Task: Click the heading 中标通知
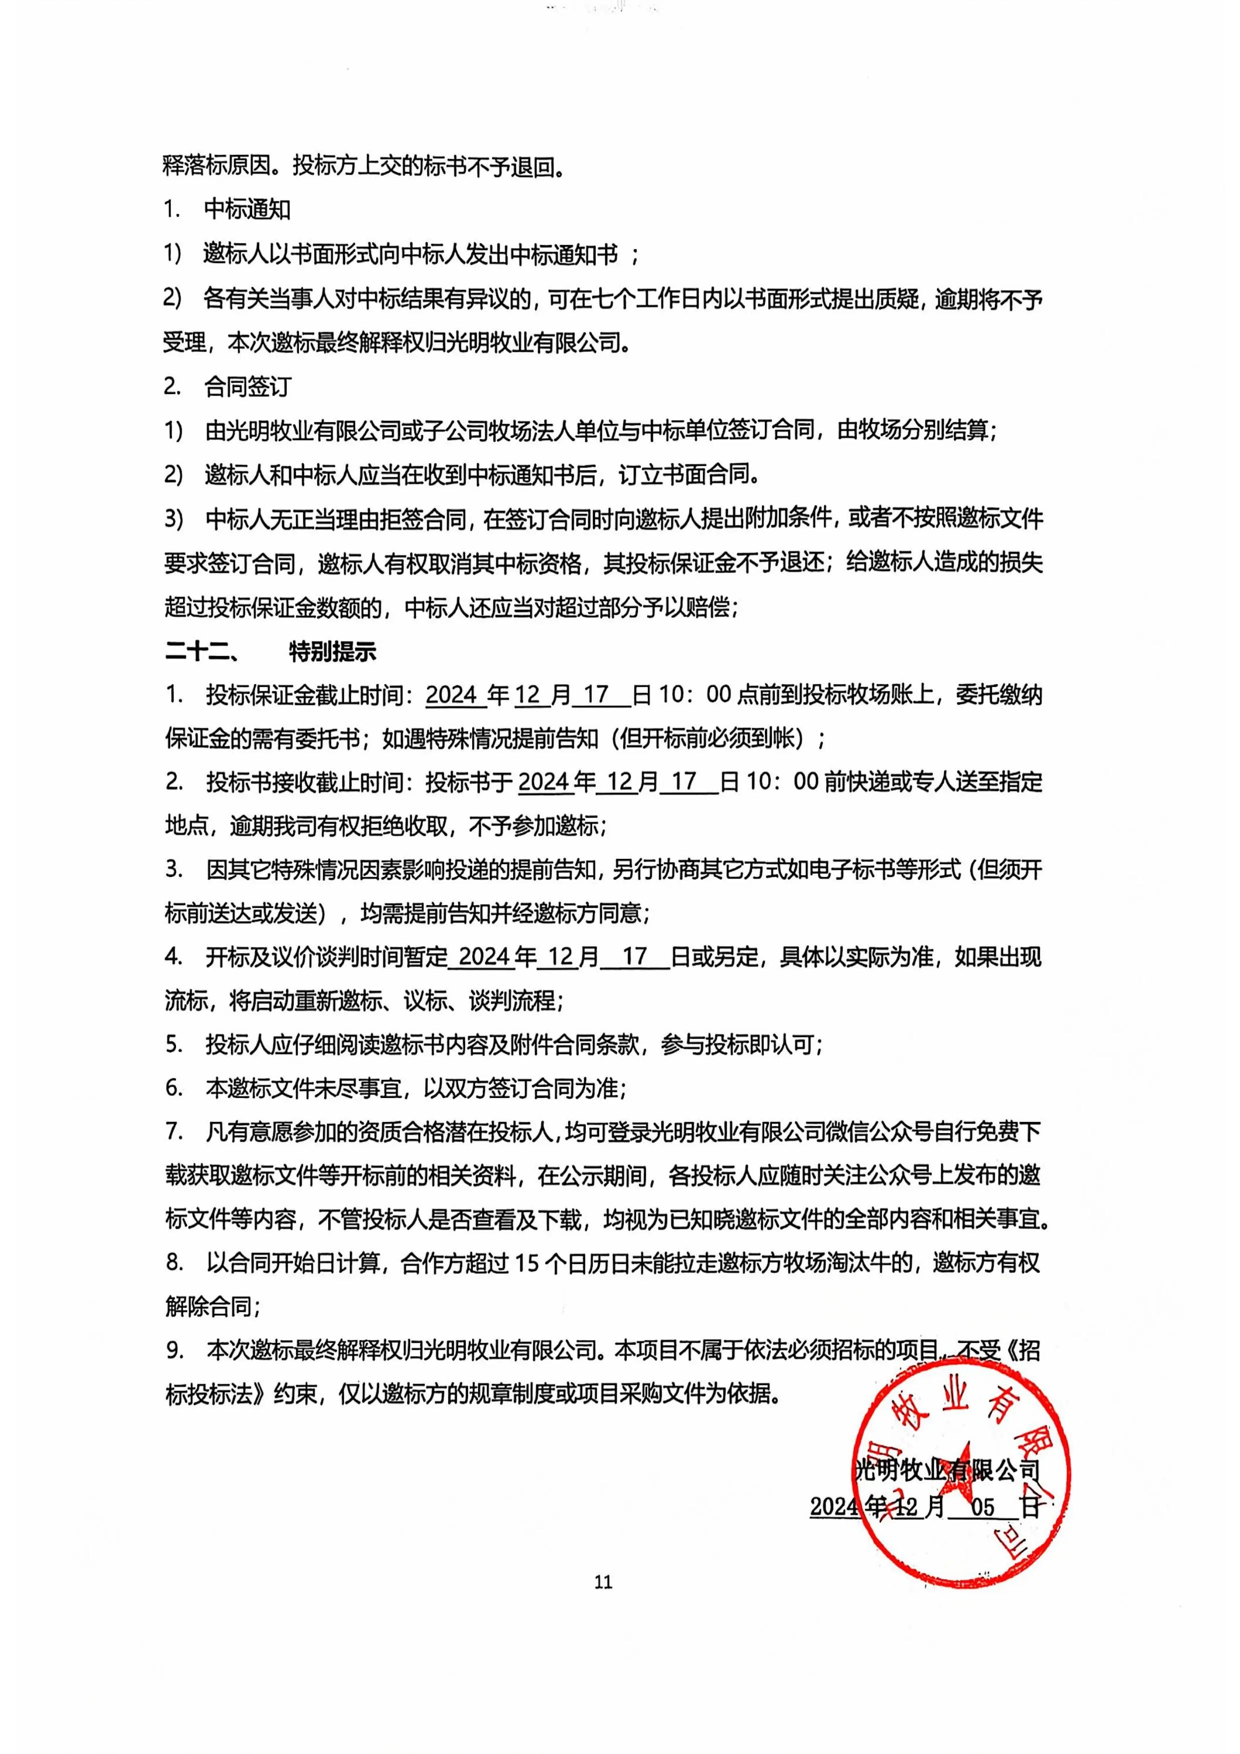[248, 209]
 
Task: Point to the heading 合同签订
[248, 386]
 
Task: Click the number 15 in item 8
[527, 1263]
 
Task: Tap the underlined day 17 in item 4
[635, 956]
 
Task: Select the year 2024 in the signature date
[834, 1507]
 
